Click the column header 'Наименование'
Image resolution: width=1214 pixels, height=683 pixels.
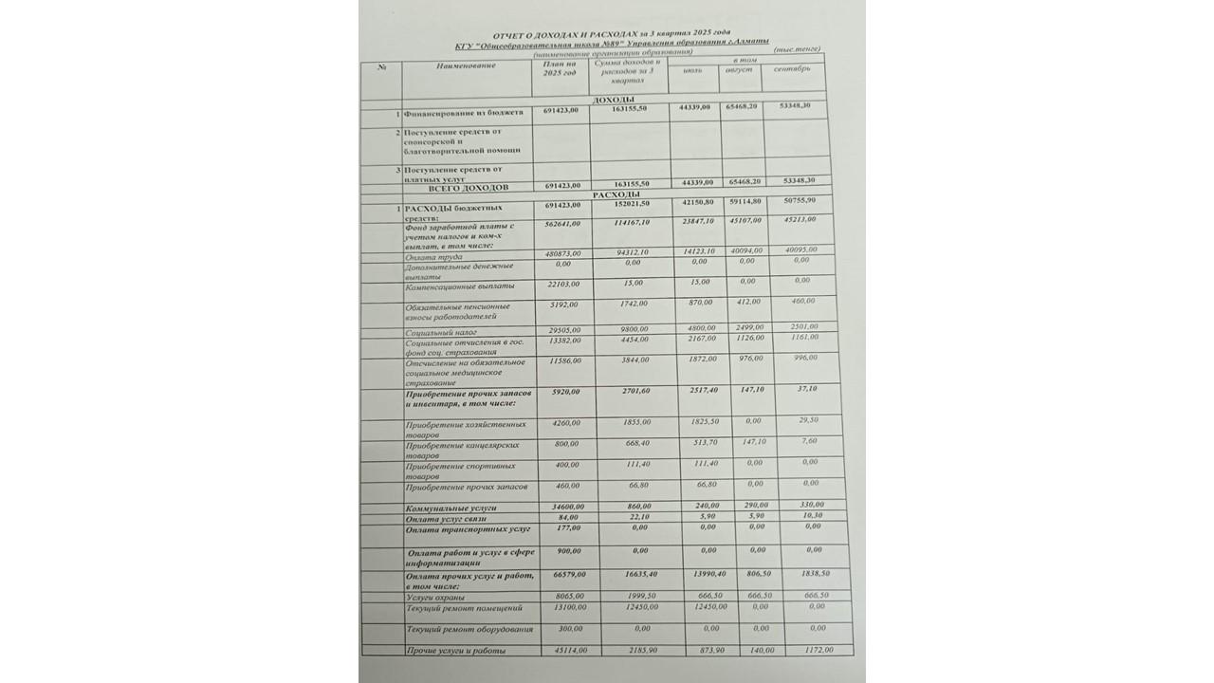[467, 65]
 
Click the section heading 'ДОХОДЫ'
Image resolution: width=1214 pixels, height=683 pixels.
[613, 100]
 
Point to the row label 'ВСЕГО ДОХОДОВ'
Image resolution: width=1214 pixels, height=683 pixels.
[454, 188]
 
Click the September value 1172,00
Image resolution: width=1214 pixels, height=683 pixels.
[815, 650]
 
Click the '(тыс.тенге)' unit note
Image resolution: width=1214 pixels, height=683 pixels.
[796, 49]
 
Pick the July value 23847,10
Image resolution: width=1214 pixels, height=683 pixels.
[700, 223]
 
